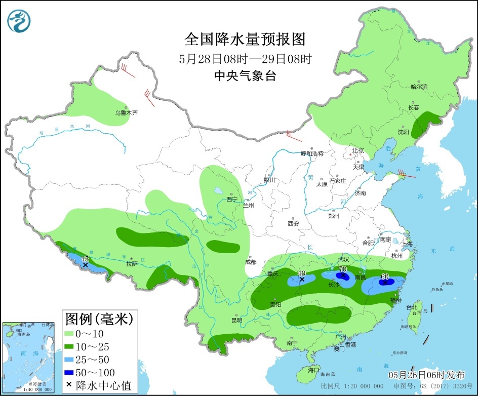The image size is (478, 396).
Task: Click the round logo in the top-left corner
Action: click(19, 21)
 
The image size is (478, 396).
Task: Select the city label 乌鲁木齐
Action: click(126, 113)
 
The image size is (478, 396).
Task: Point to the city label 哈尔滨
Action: click(419, 87)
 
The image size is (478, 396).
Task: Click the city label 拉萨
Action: click(132, 263)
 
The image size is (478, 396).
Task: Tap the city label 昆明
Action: click(236, 320)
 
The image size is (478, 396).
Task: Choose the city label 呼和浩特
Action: click(312, 153)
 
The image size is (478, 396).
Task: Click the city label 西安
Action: click(294, 223)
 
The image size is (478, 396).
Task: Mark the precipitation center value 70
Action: click(342, 269)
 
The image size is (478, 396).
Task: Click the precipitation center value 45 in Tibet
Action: click(85, 259)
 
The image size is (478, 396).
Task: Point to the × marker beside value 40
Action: click(302, 279)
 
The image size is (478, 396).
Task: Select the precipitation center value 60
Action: click(385, 276)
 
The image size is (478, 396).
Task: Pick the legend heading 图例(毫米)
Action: click(99, 319)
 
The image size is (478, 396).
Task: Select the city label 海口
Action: click(314, 370)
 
